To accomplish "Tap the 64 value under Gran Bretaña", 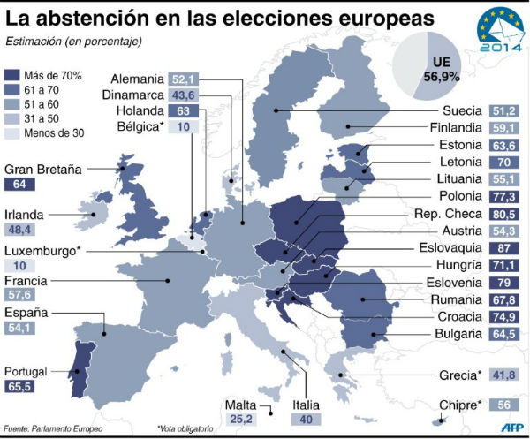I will click(x=20, y=185).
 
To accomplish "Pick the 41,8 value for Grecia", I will click(x=505, y=375).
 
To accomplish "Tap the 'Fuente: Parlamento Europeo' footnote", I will click(x=53, y=428).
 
